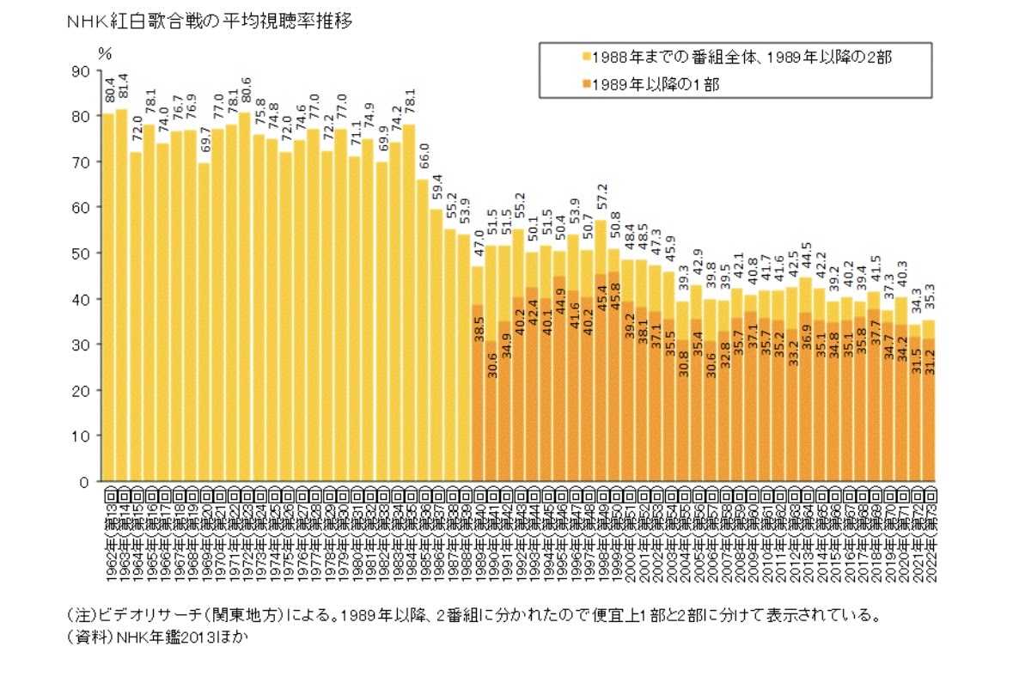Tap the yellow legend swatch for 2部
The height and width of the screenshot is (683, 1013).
click(x=587, y=57)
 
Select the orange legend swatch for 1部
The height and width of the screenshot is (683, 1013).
click(x=587, y=84)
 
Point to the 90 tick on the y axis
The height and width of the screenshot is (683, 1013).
click(x=83, y=71)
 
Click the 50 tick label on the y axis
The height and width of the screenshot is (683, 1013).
click(x=83, y=253)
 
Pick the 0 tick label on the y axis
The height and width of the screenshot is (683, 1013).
click(x=87, y=482)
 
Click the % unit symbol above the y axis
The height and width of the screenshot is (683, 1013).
click(x=105, y=52)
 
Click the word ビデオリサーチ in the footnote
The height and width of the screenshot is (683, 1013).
click(x=131, y=615)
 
